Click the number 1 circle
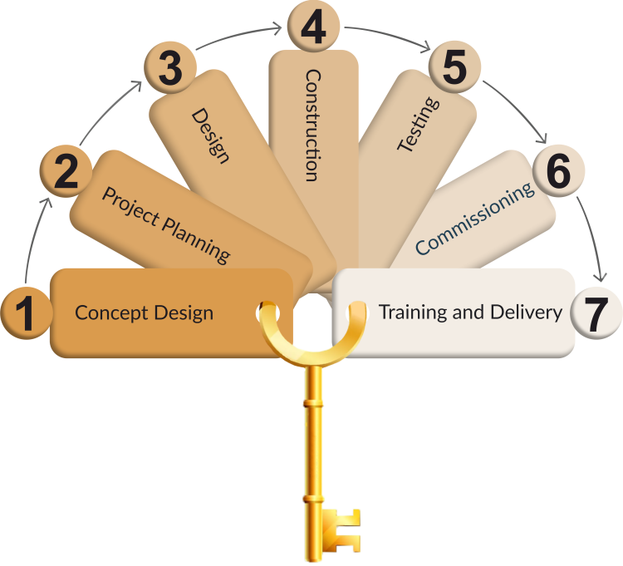coord(25,313)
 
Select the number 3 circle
coord(169,69)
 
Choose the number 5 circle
coord(454,68)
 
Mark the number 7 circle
coord(597,313)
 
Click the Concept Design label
coord(144,313)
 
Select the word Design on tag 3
coord(210,135)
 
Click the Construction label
coord(311,125)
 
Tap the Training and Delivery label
coord(470,313)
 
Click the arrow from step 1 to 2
coord(33,237)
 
